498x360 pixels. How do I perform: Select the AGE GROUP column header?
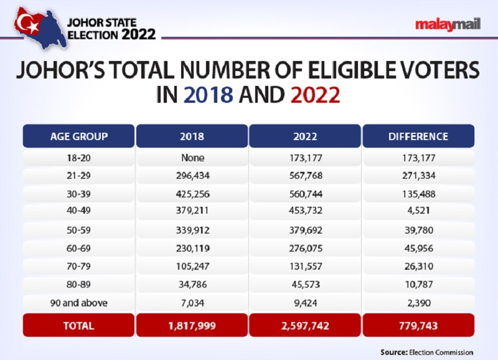[78, 136]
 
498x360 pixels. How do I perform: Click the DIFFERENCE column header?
[418, 136]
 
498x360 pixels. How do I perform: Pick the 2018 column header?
[192, 136]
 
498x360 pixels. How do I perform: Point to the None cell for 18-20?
[192, 158]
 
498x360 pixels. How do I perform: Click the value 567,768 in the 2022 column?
[305, 176]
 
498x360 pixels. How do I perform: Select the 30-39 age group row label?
[78, 194]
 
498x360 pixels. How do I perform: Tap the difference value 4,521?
[418, 211]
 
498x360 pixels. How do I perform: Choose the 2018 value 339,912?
[192, 230]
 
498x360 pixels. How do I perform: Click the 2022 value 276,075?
[305, 247]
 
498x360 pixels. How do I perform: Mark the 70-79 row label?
[78, 265]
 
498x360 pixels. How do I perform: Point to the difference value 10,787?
[418, 283]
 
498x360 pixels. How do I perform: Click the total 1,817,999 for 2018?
[192, 325]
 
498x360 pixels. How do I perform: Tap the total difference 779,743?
[418, 325]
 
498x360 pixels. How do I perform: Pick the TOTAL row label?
[78, 325]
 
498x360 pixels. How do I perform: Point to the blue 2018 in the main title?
[209, 95]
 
